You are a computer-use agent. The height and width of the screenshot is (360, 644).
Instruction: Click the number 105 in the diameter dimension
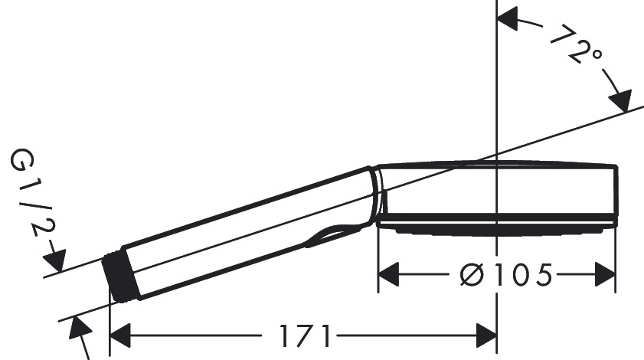[524, 274]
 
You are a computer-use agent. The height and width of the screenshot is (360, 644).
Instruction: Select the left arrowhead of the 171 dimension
[123, 335]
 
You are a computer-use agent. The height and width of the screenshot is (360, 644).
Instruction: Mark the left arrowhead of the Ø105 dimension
[391, 273]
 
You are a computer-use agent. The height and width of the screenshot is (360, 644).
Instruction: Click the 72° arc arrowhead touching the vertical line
[509, 20]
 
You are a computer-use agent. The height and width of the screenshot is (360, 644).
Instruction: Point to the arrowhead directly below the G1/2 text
[58, 256]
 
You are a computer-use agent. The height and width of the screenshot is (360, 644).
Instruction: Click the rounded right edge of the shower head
[615, 191]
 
